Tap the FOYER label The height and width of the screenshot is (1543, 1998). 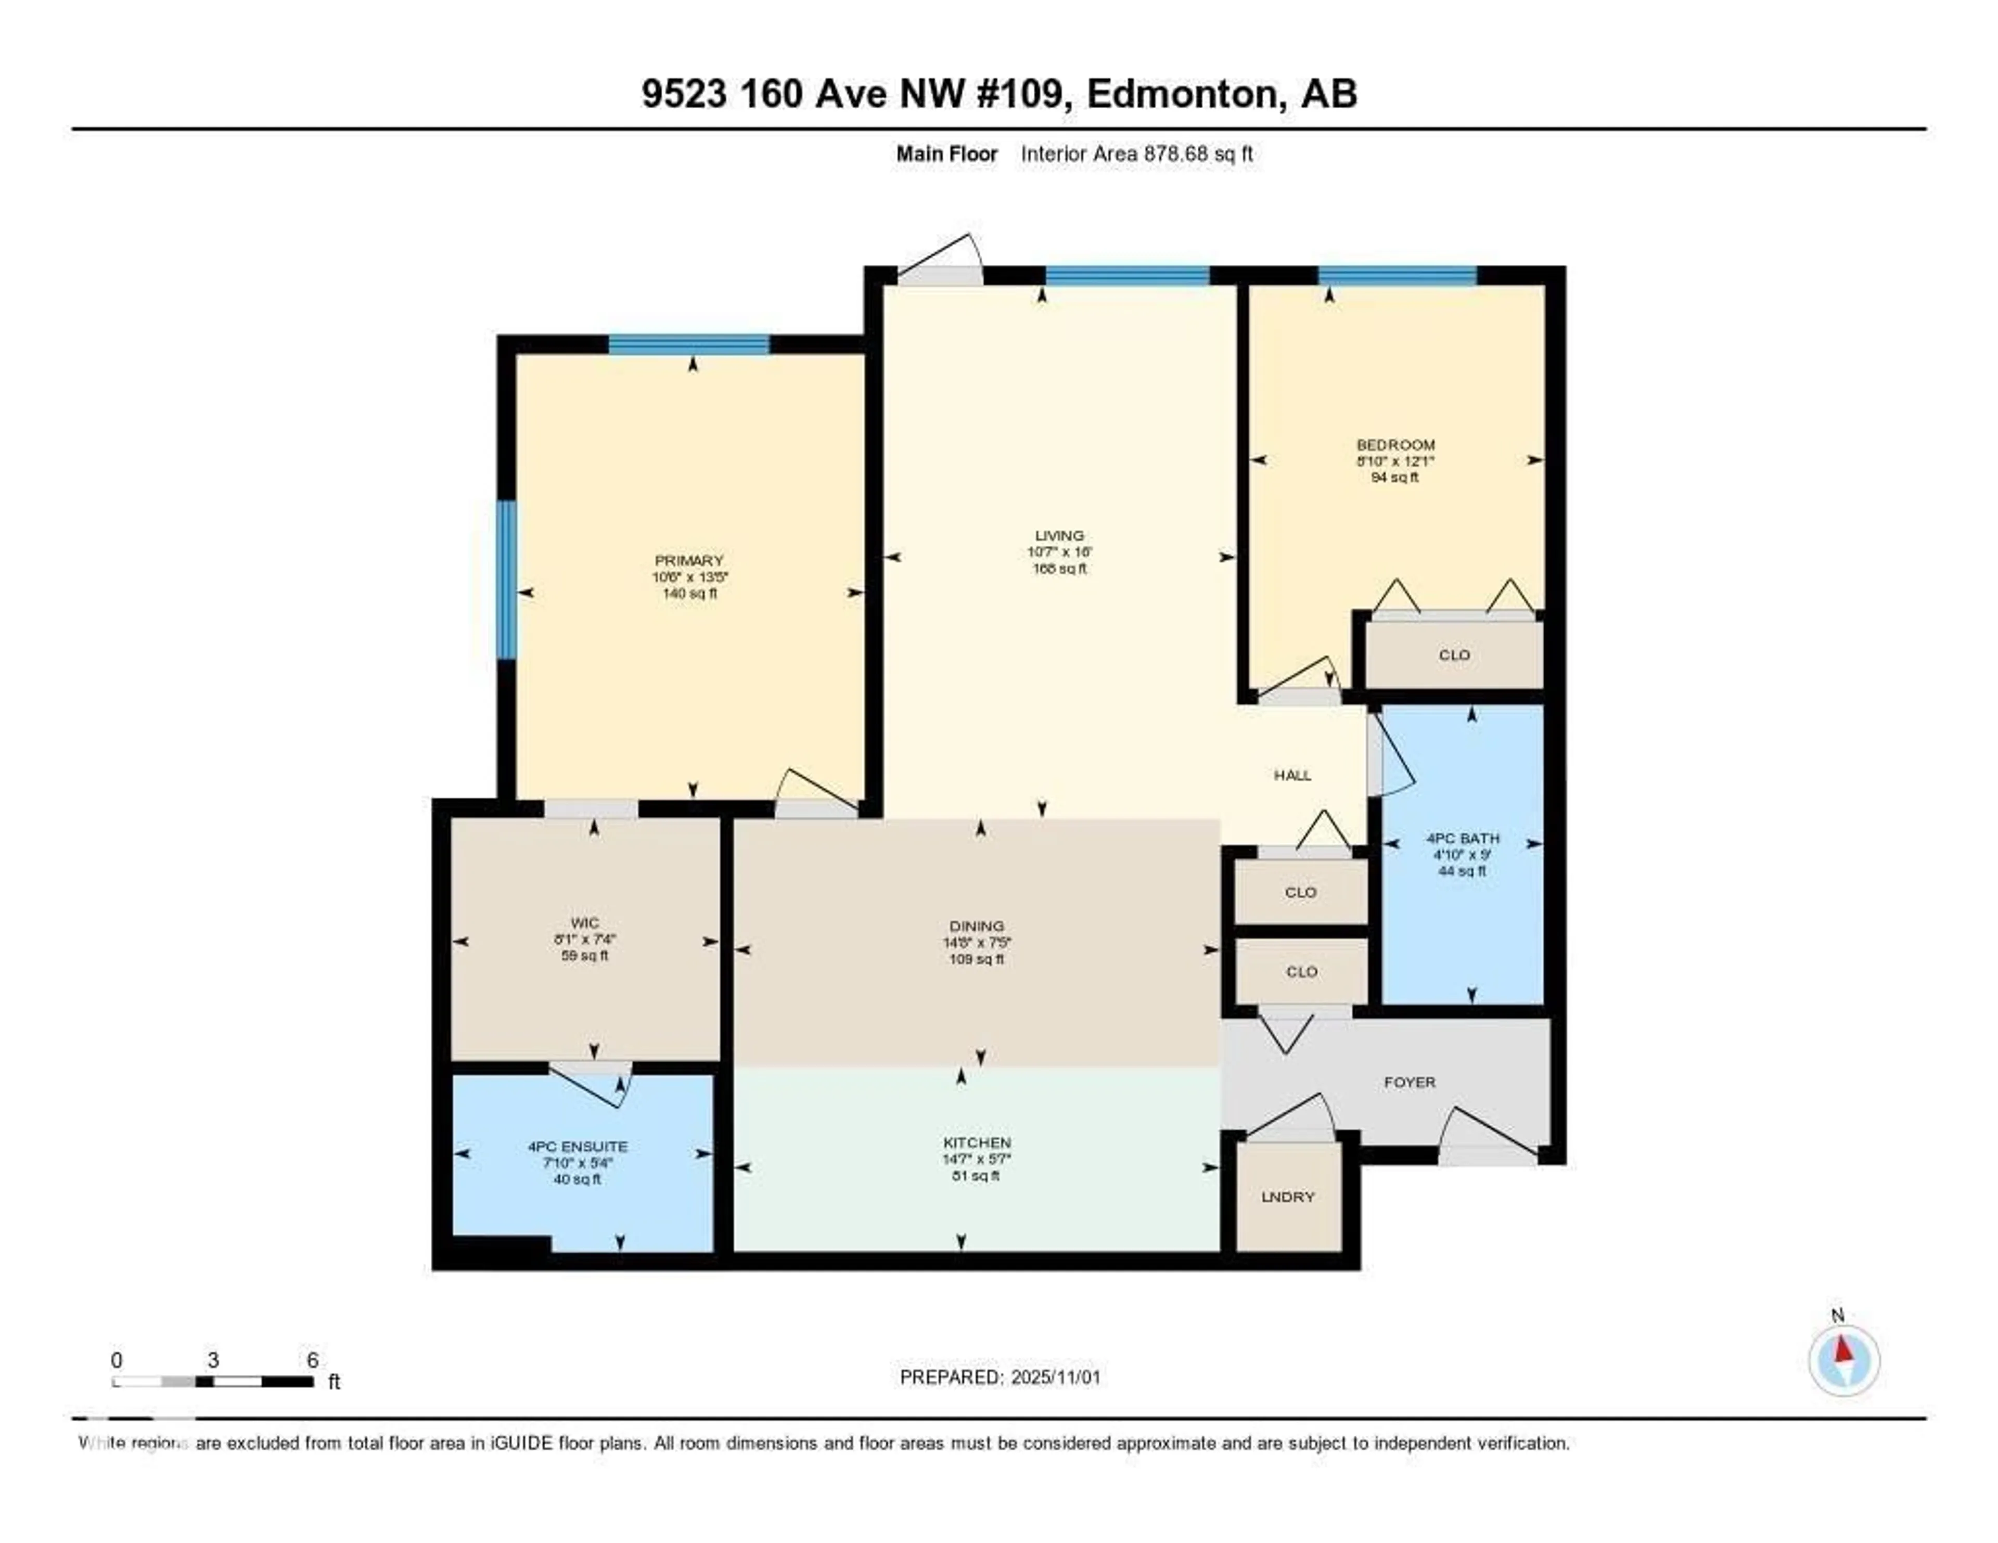pos(1409,1082)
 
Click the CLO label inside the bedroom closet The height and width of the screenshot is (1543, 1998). pos(1454,655)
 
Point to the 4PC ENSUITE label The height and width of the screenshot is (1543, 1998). pos(577,1146)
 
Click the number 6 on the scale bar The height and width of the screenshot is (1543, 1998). pos(312,1360)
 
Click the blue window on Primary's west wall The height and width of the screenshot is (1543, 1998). pos(506,579)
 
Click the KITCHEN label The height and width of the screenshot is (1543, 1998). pos(976,1142)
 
